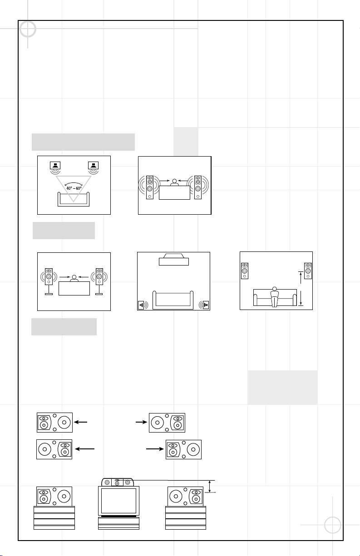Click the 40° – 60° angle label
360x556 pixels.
point(74,188)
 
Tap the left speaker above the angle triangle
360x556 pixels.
point(55,165)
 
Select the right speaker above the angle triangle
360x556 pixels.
point(94,165)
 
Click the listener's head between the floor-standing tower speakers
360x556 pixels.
point(174,181)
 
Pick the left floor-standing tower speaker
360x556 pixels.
point(150,187)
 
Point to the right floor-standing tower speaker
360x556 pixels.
point(198,187)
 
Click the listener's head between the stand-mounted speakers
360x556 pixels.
point(74,277)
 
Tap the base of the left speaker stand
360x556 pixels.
point(49,294)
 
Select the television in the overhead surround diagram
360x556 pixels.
point(174,259)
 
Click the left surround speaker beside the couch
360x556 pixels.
point(141,305)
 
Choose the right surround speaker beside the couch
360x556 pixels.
point(206,305)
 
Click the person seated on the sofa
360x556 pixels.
point(274,297)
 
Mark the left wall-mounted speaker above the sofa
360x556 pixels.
point(245,271)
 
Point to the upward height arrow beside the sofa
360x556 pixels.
point(301,278)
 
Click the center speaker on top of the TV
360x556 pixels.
point(118,482)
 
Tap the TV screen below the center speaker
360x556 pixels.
point(118,501)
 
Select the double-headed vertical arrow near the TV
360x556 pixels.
point(210,486)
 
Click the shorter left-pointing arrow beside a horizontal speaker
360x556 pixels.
point(81,422)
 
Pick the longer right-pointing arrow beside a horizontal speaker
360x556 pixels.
point(155,449)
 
